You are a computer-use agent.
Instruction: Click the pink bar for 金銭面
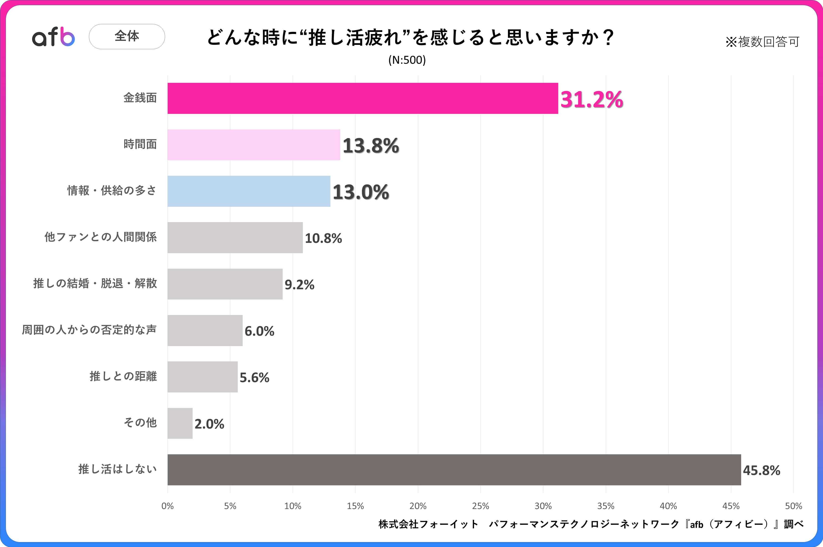(x=363, y=98)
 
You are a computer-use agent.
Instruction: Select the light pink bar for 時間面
(x=253, y=145)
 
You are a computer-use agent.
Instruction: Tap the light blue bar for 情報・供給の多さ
(x=249, y=191)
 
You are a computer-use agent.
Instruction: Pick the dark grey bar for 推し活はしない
(x=454, y=470)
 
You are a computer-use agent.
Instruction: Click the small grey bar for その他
(x=180, y=423)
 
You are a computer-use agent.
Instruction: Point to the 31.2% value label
(x=592, y=100)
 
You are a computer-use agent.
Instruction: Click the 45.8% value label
(x=761, y=470)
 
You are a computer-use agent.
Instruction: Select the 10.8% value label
(x=323, y=238)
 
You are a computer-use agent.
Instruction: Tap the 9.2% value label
(x=299, y=285)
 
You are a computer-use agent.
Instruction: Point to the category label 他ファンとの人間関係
(x=100, y=237)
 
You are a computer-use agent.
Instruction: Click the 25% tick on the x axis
(x=480, y=506)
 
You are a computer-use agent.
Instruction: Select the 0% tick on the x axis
(x=167, y=506)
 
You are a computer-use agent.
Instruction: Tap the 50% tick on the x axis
(x=793, y=506)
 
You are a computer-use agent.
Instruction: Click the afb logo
(x=53, y=37)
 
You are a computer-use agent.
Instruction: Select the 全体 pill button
(x=127, y=36)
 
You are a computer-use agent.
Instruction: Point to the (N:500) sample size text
(x=407, y=60)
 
